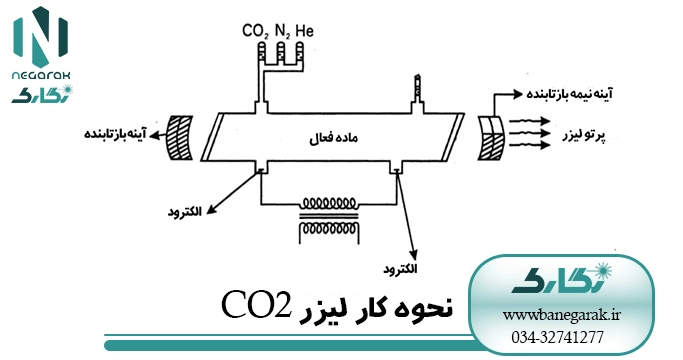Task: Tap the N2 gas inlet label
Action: click(282, 31)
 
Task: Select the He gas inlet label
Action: click(304, 31)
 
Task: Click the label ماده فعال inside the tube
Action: click(333, 139)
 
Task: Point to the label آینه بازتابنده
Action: click(115, 133)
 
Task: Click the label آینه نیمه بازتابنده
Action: click(570, 94)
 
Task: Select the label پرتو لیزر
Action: click(584, 136)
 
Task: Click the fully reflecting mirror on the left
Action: click(179, 137)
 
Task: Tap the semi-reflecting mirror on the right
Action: click(490, 138)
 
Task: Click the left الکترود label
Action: click(185, 212)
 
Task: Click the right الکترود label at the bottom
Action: click(400, 269)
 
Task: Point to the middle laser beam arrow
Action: click(529, 133)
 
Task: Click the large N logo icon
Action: click(41, 37)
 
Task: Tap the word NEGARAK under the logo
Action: click(41, 76)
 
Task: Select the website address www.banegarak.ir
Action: click(562, 315)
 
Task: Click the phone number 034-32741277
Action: click(558, 337)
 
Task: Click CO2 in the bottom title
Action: click(256, 305)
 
